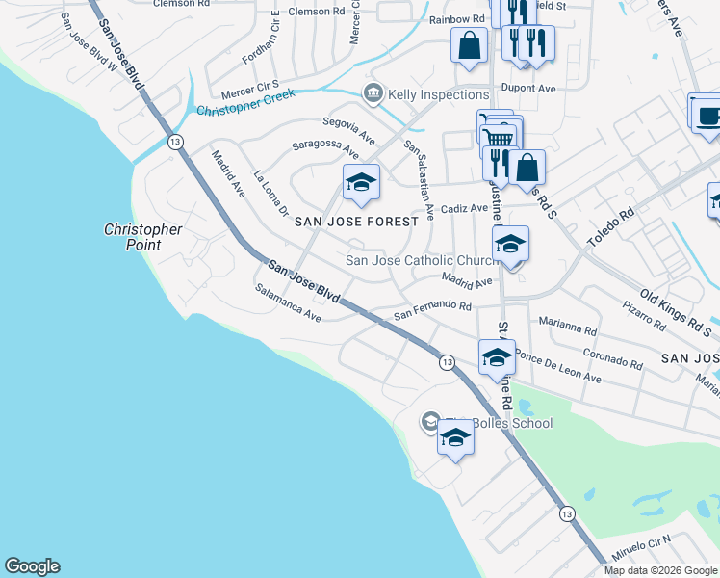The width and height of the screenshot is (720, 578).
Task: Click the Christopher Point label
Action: point(142,237)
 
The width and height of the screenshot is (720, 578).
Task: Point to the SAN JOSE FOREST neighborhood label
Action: point(357,222)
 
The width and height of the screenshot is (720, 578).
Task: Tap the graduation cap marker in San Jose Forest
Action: point(361,182)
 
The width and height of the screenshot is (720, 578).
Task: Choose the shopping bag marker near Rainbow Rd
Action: point(469,46)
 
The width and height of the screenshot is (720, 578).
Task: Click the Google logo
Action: point(32,566)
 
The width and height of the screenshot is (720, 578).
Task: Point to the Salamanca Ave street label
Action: point(288,302)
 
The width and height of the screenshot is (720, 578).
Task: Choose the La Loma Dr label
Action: point(270,193)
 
